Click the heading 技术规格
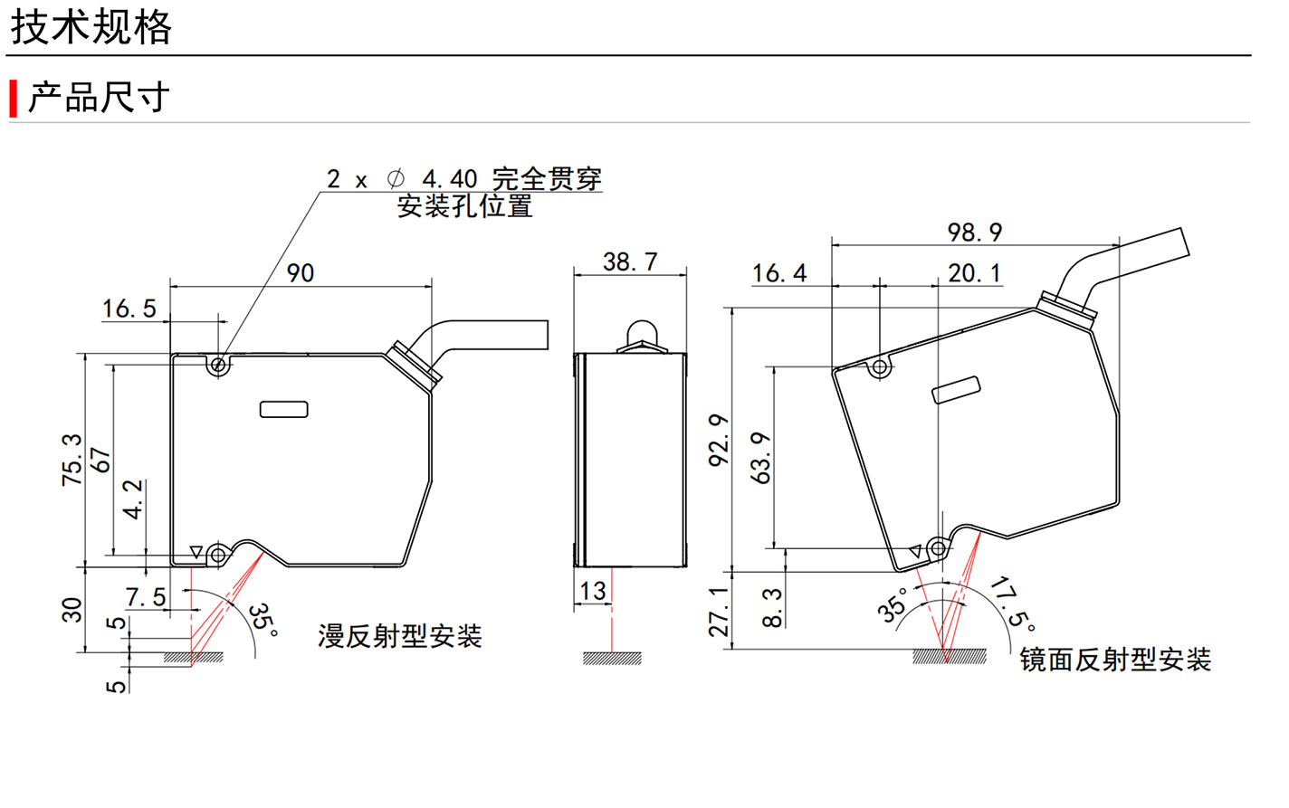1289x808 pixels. pyautogui.click(x=91, y=27)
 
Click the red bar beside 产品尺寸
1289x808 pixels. pyautogui.click(x=14, y=99)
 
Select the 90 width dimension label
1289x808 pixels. pyautogui.click(x=301, y=273)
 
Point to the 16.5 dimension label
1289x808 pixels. pyautogui.click(x=129, y=309)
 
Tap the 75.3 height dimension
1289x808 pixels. pyautogui.click(x=72, y=459)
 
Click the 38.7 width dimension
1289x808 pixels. pyautogui.click(x=630, y=262)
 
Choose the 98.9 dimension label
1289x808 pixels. pyautogui.click(x=975, y=233)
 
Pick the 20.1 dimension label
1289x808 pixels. pyautogui.click(x=975, y=273)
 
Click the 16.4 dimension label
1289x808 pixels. pyautogui.click(x=778, y=273)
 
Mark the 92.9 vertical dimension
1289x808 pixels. pyautogui.click(x=719, y=441)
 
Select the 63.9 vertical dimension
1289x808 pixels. pyautogui.click(x=762, y=458)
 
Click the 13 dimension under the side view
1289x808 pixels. pyautogui.click(x=593, y=592)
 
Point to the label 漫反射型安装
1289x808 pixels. pyautogui.click(x=399, y=636)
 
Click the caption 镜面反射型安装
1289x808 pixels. pyautogui.click(x=1115, y=660)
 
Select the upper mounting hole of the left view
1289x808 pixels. pyautogui.click(x=217, y=366)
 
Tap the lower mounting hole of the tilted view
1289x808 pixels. pyautogui.click(x=939, y=548)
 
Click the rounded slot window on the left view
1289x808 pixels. pyautogui.click(x=284, y=409)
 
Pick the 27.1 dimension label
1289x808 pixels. pyautogui.click(x=719, y=612)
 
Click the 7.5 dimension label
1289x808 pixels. pyautogui.click(x=146, y=597)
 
